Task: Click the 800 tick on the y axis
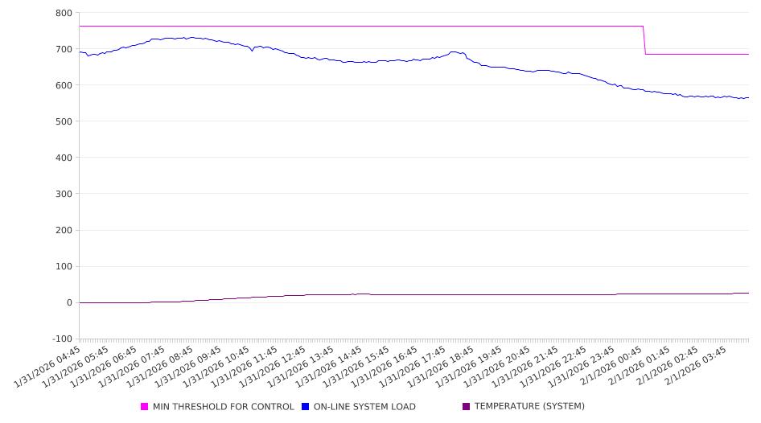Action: pyautogui.click(x=64, y=13)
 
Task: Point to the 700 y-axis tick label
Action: pyautogui.click(x=64, y=49)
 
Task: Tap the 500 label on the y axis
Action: pyautogui.click(x=64, y=121)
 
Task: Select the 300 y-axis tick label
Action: pyautogui.click(x=64, y=194)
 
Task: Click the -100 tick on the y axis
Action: pyautogui.click(x=61, y=339)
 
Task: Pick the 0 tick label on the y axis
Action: pyautogui.click(x=69, y=302)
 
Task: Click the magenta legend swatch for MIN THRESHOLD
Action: pyautogui.click(x=145, y=407)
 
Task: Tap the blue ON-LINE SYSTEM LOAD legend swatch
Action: pyautogui.click(x=306, y=407)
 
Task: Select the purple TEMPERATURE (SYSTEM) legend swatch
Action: pyautogui.click(x=467, y=407)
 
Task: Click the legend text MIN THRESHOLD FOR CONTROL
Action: pyautogui.click(x=224, y=407)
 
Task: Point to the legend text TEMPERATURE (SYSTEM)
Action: pyautogui.click(x=529, y=407)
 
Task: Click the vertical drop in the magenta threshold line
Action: pyautogui.click(x=644, y=40)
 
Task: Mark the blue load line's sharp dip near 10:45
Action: pyautogui.click(x=252, y=51)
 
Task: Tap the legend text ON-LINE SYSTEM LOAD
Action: pyautogui.click(x=364, y=407)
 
